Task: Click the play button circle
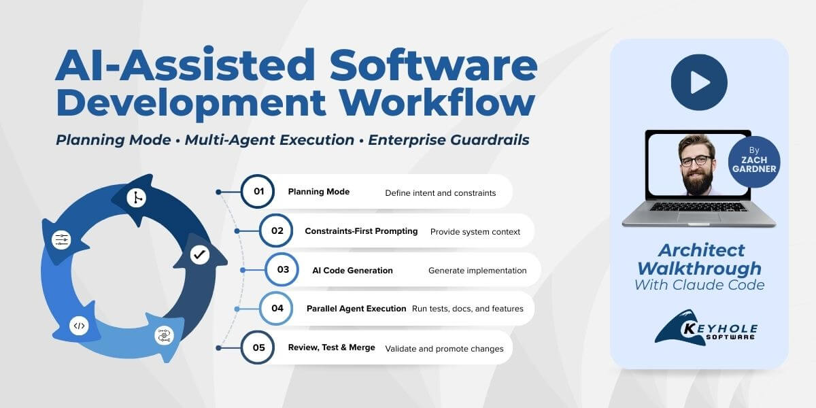click(x=699, y=82)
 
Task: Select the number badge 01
click(x=258, y=191)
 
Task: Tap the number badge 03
click(x=282, y=269)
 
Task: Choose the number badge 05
click(x=258, y=347)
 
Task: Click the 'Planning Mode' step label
click(x=318, y=192)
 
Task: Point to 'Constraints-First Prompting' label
click(x=361, y=231)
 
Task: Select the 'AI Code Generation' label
click(x=352, y=270)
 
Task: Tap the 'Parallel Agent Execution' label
click(x=356, y=308)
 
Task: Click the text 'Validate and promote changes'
click(x=444, y=348)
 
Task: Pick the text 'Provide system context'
click(x=475, y=231)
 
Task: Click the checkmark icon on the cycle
click(x=199, y=255)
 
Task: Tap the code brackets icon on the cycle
click(x=80, y=326)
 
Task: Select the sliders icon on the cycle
click(x=61, y=239)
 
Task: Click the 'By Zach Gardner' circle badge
click(x=753, y=162)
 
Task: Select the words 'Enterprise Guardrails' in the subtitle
click(x=447, y=140)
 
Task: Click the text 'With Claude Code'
click(x=699, y=285)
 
